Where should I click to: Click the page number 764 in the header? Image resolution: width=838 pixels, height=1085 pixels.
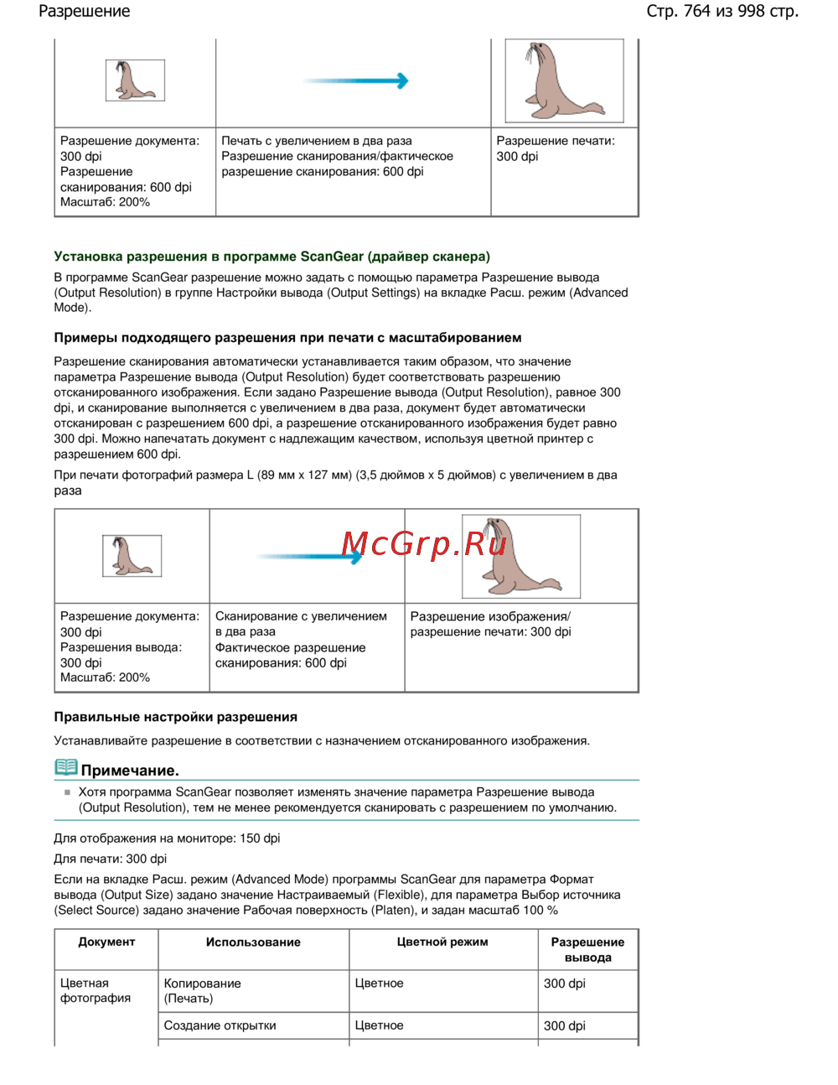click(x=696, y=12)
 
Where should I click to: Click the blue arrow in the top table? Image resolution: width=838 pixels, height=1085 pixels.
click(x=356, y=81)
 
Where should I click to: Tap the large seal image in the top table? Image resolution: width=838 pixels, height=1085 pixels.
click(x=564, y=81)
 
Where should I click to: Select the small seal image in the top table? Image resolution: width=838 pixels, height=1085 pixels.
click(x=135, y=80)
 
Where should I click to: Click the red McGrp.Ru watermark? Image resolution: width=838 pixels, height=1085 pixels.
click(x=424, y=545)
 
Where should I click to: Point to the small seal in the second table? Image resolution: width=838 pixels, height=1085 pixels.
click(x=132, y=556)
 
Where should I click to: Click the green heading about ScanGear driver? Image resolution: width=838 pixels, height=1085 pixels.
click(x=272, y=257)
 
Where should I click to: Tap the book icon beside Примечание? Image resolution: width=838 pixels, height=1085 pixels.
click(x=65, y=768)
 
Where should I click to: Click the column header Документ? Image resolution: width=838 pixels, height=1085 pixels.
click(x=106, y=942)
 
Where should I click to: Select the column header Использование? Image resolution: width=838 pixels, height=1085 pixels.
click(x=253, y=942)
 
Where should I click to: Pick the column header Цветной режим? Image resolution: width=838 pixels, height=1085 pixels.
click(x=442, y=942)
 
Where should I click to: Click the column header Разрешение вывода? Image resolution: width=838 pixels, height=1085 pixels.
click(x=587, y=950)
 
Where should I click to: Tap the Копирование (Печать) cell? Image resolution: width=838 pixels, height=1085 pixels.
click(x=202, y=990)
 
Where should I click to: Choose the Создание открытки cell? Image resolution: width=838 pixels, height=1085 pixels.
click(x=220, y=1025)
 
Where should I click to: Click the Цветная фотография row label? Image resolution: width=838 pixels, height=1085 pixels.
click(x=96, y=990)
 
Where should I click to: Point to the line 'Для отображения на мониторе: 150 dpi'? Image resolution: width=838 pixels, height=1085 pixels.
click(x=167, y=838)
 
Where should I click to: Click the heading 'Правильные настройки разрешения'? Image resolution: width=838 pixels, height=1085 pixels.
click(x=175, y=717)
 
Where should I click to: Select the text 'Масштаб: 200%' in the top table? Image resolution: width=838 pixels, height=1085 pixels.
click(x=105, y=202)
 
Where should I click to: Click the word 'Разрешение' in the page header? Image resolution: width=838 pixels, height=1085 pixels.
click(x=85, y=12)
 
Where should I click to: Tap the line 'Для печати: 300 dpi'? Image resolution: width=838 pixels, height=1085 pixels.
click(x=110, y=859)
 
